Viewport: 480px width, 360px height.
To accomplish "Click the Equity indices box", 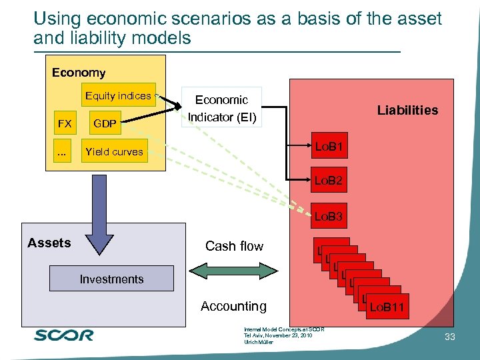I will [117, 96].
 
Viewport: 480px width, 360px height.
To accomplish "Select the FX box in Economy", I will [65, 124].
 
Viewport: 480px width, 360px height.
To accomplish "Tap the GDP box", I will [105, 124].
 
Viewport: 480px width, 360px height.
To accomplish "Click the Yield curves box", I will [113, 152].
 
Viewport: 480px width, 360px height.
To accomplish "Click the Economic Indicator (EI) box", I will [221, 108].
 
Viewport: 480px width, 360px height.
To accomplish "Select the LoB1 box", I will [329, 145].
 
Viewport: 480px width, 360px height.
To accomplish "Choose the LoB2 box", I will [329, 181].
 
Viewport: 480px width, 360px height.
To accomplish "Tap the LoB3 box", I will [329, 217].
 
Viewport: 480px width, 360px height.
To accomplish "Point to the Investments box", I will [111, 279].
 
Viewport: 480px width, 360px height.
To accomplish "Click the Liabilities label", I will [407, 110].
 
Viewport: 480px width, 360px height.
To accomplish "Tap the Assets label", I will [49, 243].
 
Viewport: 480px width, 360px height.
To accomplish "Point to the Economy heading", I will [79, 73].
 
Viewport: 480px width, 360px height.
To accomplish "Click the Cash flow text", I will [234, 246].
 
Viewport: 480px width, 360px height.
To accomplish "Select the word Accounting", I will [233, 306].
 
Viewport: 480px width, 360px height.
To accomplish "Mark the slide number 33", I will [450, 337].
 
